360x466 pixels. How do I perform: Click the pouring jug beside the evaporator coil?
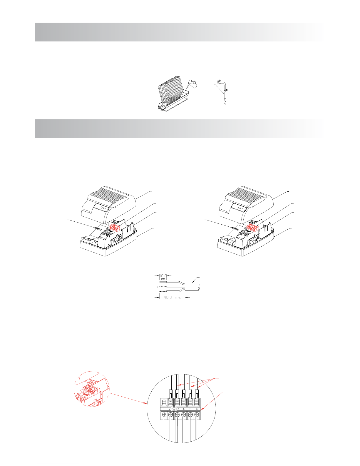(x=192, y=84)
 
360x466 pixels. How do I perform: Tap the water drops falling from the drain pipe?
(x=225, y=102)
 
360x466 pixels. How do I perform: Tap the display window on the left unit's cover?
(x=102, y=208)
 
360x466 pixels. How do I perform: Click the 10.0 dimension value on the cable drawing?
(x=163, y=276)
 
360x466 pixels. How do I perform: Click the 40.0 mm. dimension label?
(x=172, y=298)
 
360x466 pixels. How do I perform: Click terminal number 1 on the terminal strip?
(x=164, y=409)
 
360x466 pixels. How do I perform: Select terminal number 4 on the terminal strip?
(x=183, y=409)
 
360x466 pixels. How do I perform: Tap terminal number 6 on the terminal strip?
(x=197, y=409)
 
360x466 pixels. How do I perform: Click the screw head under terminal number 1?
(x=164, y=415)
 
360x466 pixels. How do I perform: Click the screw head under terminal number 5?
(x=190, y=415)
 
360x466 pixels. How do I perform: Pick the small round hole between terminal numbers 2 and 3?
(x=174, y=408)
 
